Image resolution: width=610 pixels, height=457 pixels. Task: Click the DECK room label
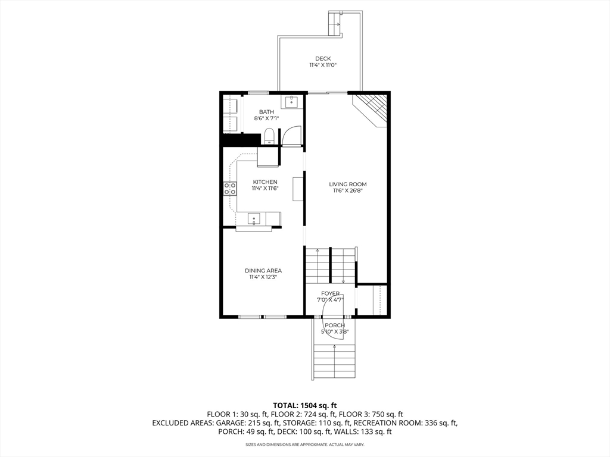(x=323, y=59)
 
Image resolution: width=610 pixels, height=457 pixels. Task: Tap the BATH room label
(x=266, y=112)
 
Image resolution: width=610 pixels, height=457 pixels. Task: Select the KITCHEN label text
(x=265, y=182)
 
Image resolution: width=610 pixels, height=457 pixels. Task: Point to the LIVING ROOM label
(x=348, y=184)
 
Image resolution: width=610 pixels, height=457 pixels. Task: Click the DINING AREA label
(x=263, y=271)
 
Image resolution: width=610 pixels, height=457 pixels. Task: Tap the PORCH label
(x=335, y=325)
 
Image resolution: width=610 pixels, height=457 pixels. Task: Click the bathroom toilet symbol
(x=269, y=136)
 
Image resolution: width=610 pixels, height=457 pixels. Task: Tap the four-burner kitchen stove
(x=230, y=189)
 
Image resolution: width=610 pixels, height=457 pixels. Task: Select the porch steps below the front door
(x=335, y=361)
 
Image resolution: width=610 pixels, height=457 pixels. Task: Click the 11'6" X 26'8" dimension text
(x=348, y=191)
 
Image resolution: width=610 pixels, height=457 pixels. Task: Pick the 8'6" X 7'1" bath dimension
(x=266, y=118)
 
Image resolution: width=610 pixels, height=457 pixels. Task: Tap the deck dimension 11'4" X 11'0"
(x=323, y=65)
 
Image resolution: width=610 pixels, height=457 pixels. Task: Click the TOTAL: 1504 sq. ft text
(x=305, y=406)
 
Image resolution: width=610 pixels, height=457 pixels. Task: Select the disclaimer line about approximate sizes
(x=305, y=445)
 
